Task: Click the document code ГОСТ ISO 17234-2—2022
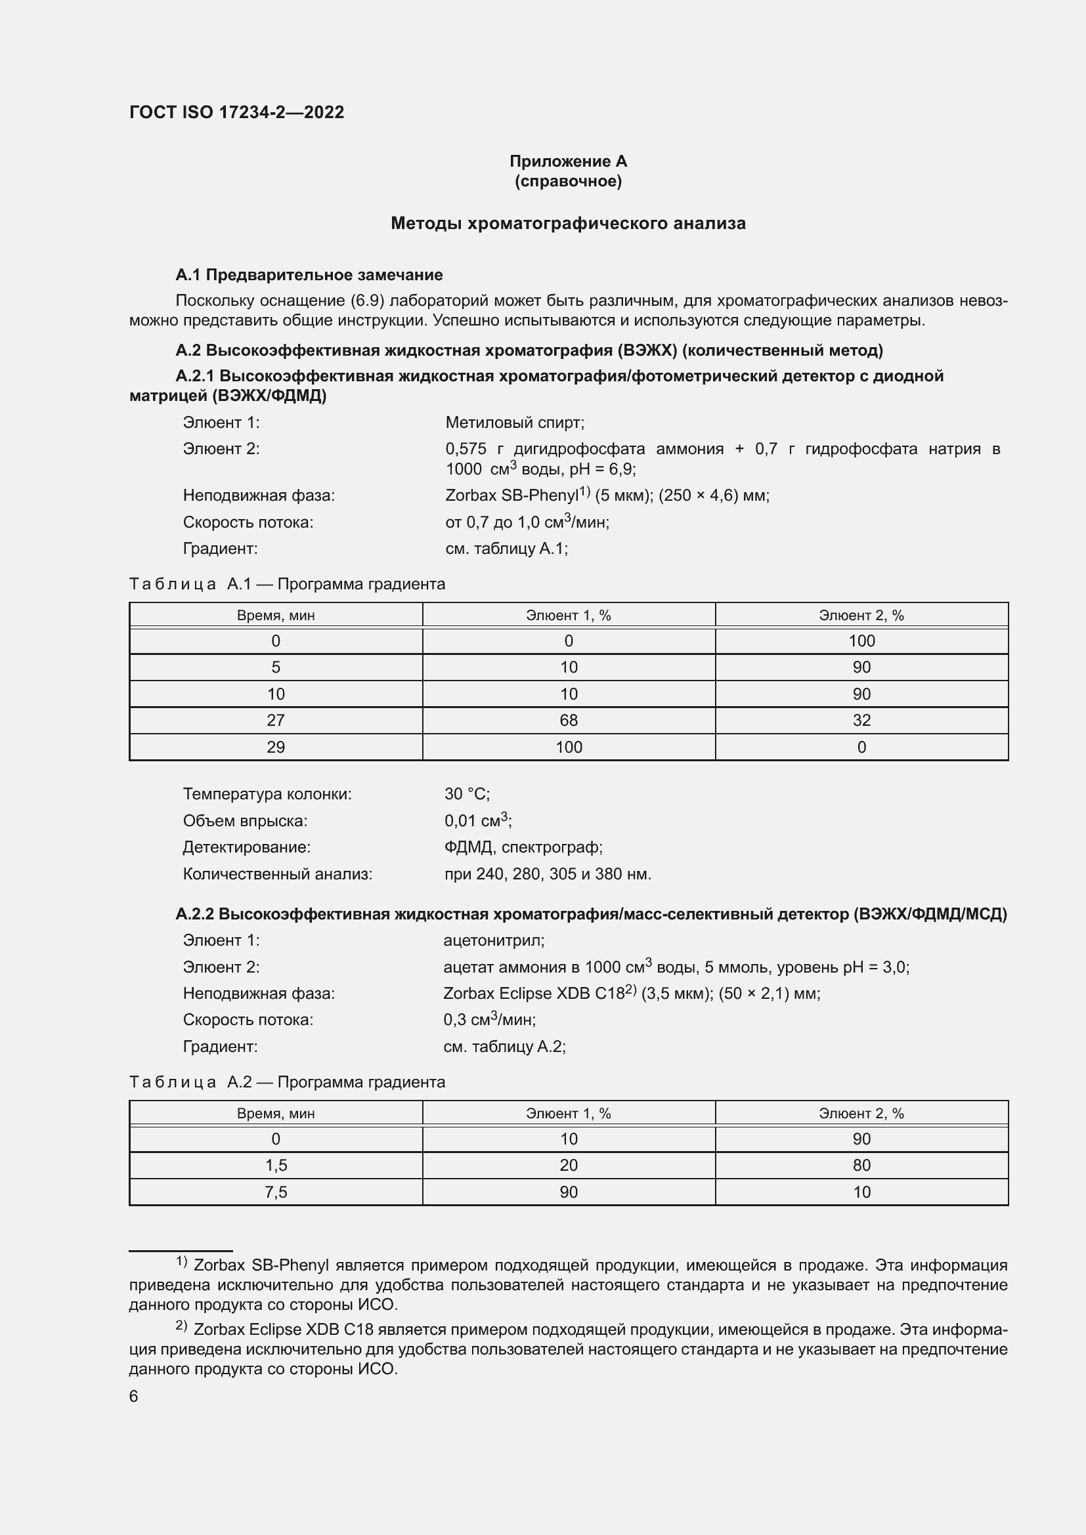coord(237,112)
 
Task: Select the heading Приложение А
coord(568,161)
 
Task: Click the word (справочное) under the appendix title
coord(568,181)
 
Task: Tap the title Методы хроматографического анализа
coord(568,223)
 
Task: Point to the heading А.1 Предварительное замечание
coord(309,275)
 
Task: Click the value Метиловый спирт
coord(514,423)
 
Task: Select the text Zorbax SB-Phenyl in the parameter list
coord(511,495)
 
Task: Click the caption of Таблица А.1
coord(287,583)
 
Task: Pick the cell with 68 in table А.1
coord(569,720)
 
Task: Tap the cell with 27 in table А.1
coord(276,720)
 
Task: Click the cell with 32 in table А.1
coord(861,720)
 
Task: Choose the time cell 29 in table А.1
coord(276,747)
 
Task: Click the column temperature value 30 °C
coord(467,794)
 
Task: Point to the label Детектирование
coord(246,847)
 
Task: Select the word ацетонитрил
coord(494,940)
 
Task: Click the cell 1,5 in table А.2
coord(276,1166)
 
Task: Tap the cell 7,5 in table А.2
coord(276,1192)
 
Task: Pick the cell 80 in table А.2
coord(861,1166)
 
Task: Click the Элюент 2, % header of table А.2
coord(861,1113)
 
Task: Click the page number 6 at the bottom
coord(134,1396)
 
